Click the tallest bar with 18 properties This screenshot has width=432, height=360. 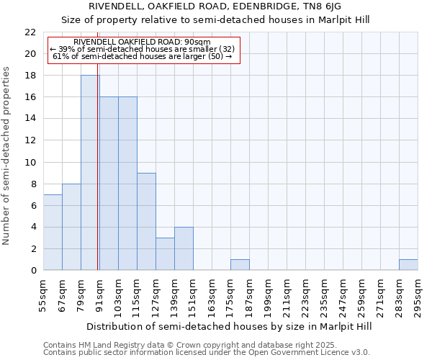90,173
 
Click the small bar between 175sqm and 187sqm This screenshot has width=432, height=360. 240,265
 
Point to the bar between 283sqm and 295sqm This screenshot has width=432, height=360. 408,265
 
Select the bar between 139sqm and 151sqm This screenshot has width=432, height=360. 184,249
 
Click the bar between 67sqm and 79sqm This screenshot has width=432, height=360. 71,228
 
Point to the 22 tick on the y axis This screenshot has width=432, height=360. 30,32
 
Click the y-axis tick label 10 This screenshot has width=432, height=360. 30,163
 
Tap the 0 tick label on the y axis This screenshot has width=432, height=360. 33,271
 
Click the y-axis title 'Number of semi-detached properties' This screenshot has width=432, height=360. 7,156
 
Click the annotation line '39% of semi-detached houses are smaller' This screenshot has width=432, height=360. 142,49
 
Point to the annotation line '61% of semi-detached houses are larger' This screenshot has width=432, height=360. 142,56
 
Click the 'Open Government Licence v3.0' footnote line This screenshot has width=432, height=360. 207,353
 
